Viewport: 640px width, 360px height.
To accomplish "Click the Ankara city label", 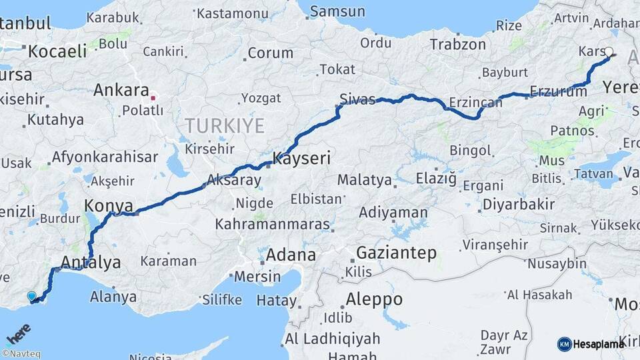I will click(x=121, y=89).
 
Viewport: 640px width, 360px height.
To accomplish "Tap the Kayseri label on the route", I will click(x=301, y=159).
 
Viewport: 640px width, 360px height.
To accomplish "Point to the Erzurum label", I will click(x=558, y=91).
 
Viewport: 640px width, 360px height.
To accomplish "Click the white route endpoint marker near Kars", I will click(x=609, y=51).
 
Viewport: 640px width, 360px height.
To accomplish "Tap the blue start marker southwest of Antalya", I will click(x=31, y=296).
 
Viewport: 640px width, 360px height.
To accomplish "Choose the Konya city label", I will click(x=109, y=205).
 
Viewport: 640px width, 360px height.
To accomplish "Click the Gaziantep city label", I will click(x=396, y=253).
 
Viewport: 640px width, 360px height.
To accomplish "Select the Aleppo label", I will click(x=374, y=299).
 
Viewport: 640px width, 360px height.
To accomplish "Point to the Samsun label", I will click(x=338, y=11).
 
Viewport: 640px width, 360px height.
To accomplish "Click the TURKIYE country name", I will click(x=225, y=125).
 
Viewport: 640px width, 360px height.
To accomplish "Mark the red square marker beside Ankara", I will click(x=153, y=97).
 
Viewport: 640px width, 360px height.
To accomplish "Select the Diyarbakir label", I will click(x=518, y=204).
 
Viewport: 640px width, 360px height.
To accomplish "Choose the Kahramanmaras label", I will click(x=273, y=224).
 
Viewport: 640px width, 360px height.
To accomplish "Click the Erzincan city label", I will click(x=475, y=103).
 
